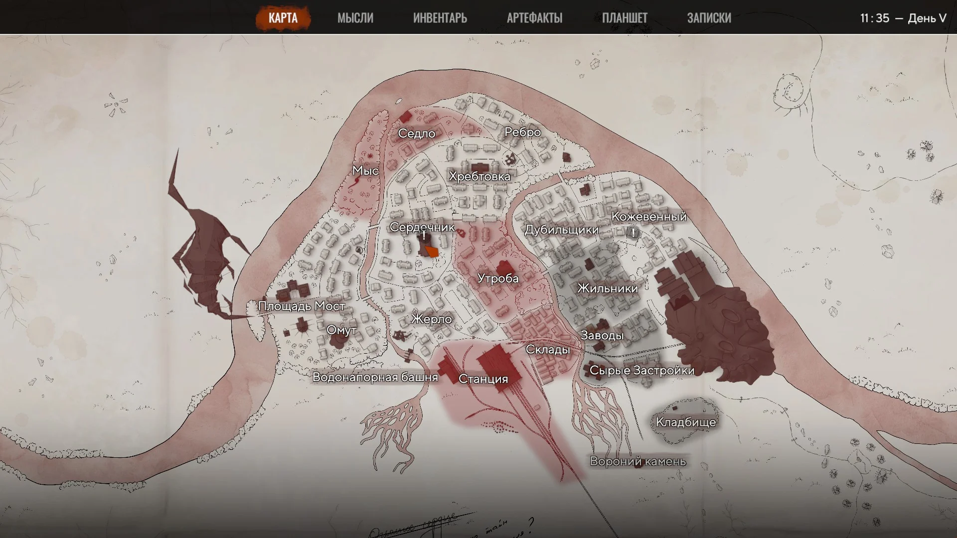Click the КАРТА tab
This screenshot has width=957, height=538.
tap(283, 18)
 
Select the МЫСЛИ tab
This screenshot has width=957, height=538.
tap(355, 18)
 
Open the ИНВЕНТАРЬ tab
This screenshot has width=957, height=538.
tap(440, 18)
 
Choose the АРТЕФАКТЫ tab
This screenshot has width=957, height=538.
tap(534, 18)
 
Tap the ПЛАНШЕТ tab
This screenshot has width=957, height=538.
tap(625, 18)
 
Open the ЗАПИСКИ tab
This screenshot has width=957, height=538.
tap(709, 18)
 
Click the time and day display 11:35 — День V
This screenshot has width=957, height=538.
tap(903, 18)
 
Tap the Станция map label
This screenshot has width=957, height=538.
tap(483, 379)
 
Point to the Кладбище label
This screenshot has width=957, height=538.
tap(686, 422)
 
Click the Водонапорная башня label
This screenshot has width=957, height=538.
tap(375, 377)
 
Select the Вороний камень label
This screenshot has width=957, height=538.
tap(638, 461)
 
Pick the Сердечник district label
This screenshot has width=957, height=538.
tap(422, 227)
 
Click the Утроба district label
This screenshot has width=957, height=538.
tap(498, 278)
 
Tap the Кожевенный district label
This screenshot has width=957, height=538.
tap(649, 217)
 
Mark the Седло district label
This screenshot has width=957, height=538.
tap(417, 134)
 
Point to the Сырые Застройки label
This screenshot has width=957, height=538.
tap(642, 371)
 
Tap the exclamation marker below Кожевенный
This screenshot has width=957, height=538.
tap(633, 233)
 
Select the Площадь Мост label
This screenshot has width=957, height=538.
tap(302, 306)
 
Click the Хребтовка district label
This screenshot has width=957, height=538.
tap(479, 176)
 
